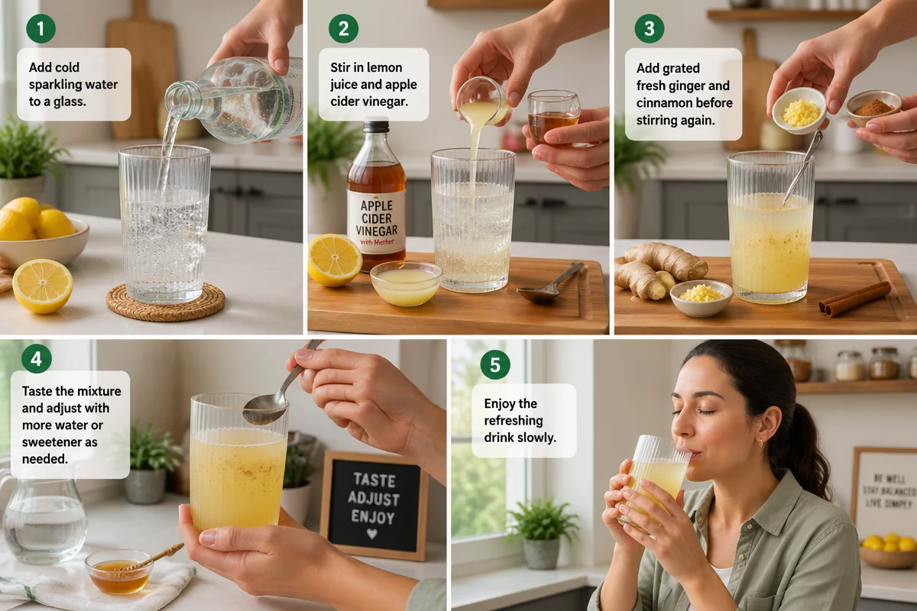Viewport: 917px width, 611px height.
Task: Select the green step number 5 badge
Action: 495,364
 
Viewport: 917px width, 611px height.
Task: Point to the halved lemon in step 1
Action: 43,286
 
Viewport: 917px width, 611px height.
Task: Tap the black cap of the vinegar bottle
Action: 376,127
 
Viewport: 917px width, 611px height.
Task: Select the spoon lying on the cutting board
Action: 550,281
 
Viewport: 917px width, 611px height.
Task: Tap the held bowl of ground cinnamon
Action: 873,107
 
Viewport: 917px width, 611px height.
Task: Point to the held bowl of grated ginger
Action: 800,112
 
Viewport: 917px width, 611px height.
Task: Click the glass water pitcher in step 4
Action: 44,519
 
